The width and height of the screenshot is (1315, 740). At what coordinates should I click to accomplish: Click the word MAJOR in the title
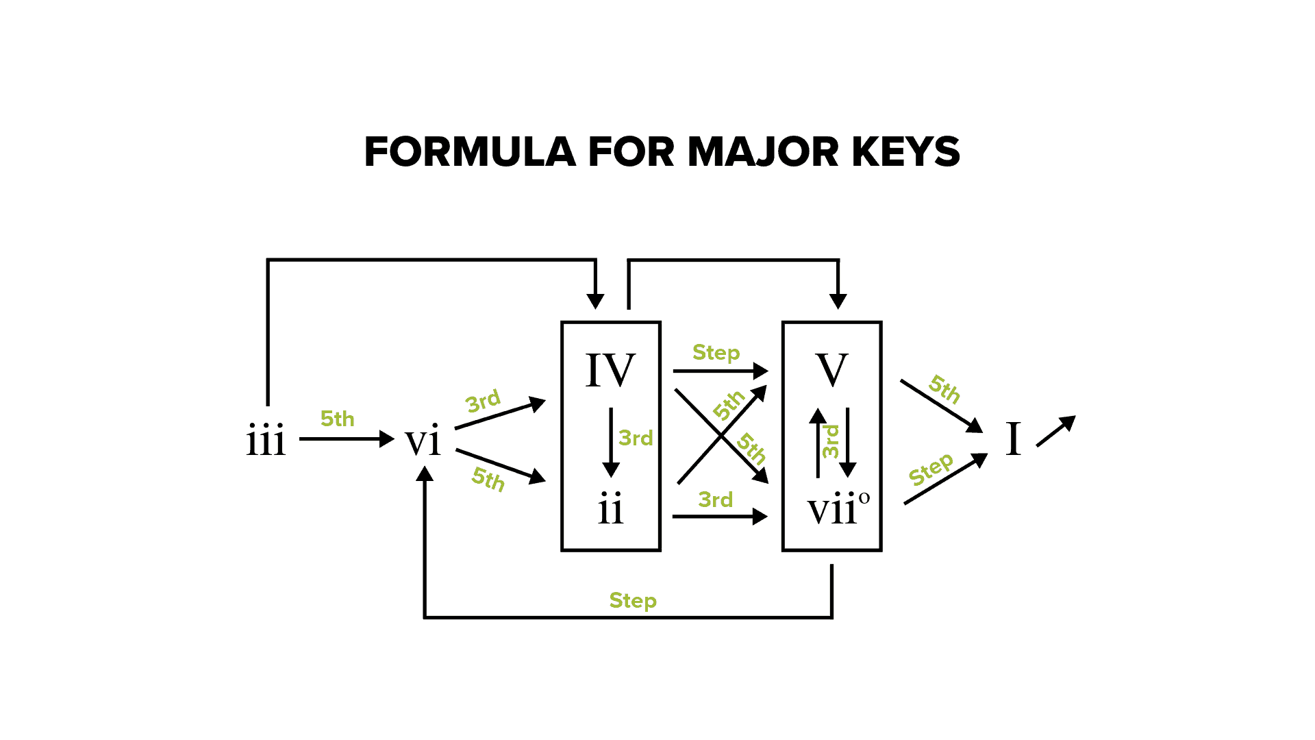[763, 151]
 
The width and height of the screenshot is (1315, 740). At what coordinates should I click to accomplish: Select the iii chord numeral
[266, 440]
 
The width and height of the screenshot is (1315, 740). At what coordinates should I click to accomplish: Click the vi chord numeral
[423, 440]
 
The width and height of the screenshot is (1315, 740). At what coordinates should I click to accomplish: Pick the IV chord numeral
[610, 370]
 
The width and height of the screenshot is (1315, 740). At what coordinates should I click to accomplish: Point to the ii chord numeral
[610, 509]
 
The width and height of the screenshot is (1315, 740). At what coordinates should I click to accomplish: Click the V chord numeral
[832, 370]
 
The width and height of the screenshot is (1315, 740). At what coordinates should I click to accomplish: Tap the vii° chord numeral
[838, 509]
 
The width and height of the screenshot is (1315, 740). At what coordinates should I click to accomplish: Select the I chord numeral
[1013, 439]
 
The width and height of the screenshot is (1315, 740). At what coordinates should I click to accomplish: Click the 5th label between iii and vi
[338, 419]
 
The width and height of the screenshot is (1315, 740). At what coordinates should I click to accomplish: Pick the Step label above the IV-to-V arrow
[716, 353]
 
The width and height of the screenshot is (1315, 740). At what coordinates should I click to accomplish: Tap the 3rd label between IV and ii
[636, 438]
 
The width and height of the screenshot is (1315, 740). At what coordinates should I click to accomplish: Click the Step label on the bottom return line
[633, 601]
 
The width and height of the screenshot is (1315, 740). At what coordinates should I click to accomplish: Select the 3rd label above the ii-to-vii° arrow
[716, 500]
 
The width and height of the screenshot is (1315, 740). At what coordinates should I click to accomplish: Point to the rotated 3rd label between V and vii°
[830, 442]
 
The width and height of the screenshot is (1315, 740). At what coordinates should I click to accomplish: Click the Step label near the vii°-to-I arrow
[931, 469]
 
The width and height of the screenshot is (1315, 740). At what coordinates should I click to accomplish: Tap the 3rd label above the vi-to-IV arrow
[483, 402]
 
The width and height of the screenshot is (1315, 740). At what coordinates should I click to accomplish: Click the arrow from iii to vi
[347, 439]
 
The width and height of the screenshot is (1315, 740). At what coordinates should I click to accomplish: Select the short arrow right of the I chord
[1056, 431]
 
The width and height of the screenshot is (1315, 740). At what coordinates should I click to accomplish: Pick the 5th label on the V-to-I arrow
[944, 389]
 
